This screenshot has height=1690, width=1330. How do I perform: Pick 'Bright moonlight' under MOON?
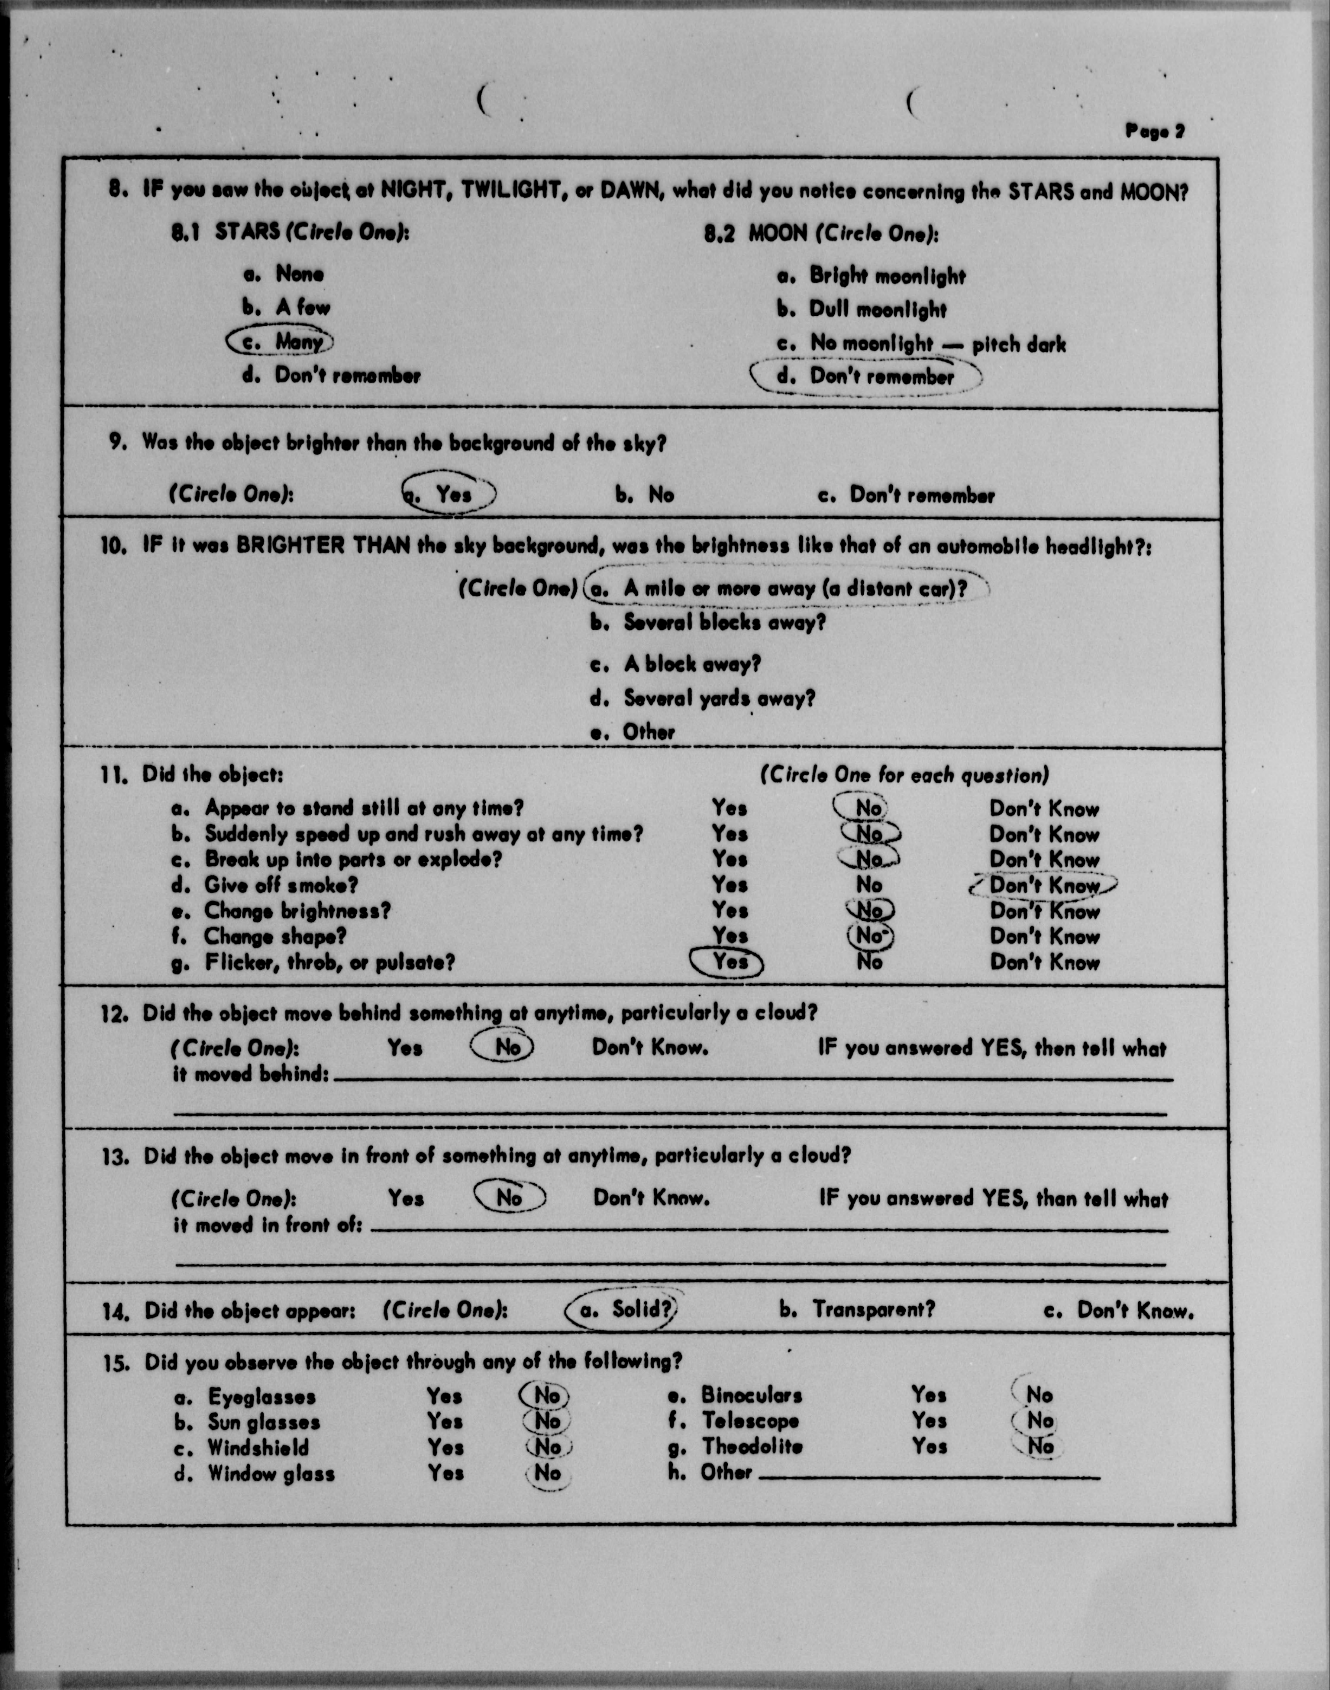(x=886, y=276)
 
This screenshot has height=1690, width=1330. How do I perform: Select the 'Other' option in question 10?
(x=648, y=732)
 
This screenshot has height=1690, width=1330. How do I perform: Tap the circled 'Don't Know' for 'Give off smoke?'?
(x=1043, y=886)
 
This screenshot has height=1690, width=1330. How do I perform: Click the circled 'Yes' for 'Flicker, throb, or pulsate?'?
(x=729, y=963)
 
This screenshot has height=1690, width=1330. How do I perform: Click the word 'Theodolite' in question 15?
(x=752, y=1446)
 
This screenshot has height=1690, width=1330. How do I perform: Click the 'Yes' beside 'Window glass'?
(x=445, y=1473)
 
